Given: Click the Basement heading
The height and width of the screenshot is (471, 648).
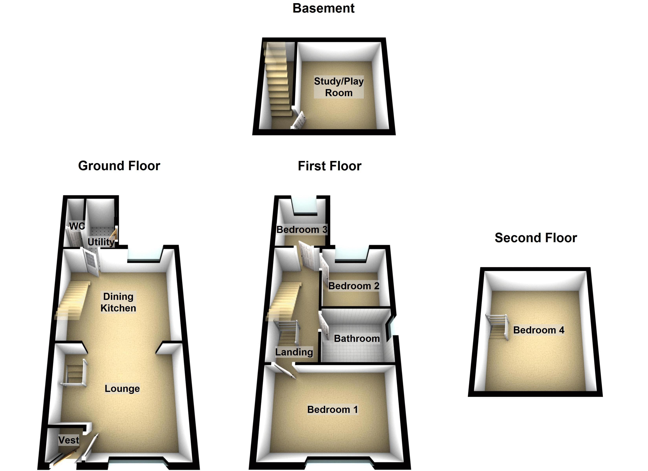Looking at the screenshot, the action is (323, 8).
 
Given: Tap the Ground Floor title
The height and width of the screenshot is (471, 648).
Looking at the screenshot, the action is (119, 166).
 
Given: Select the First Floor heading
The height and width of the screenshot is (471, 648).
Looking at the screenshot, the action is (329, 166).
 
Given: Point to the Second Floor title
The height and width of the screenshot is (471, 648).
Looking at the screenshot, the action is (536, 238).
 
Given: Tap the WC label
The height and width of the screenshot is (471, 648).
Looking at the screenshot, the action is (77, 226).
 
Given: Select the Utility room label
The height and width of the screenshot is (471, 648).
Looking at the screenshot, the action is (101, 242).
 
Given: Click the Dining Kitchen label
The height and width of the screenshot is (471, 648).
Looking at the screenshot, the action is (118, 302).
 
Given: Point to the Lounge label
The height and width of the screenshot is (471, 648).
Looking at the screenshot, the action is (122, 388).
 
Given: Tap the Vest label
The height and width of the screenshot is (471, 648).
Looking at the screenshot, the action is (69, 440).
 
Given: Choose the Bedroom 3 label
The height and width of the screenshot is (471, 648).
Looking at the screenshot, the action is (302, 229).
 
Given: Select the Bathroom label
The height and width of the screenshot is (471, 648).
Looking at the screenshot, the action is (357, 339).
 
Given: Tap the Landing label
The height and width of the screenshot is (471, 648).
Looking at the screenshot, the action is (294, 352).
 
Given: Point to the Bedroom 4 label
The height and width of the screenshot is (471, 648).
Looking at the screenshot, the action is (539, 330).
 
